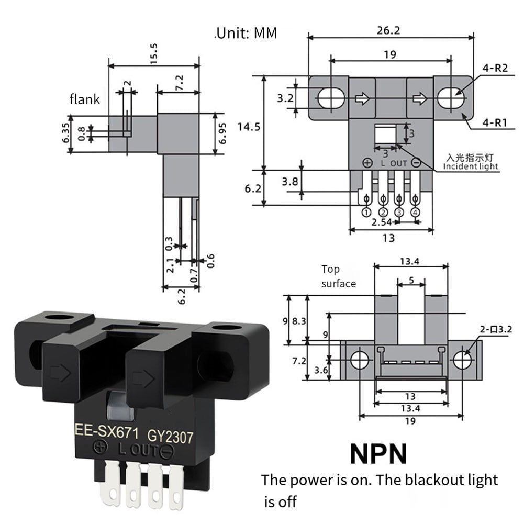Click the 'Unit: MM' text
pyautogui.click(x=246, y=34)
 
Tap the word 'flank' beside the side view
pyautogui.click(x=85, y=99)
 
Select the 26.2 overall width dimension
pyautogui.click(x=388, y=30)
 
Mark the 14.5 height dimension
pyautogui.click(x=248, y=126)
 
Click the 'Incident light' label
pyautogui.click(x=471, y=166)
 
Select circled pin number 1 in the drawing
pyautogui.click(x=366, y=211)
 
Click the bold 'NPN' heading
pyautogui.click(x=378, y=453)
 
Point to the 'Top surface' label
pyautogui.click(x=338, y=276)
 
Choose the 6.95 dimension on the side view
pyautogui.click(x=222, y=134)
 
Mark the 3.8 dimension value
pyautogui.click(x=289, y=182)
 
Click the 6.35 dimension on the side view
pyautogui.click(x=65, y=132)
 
